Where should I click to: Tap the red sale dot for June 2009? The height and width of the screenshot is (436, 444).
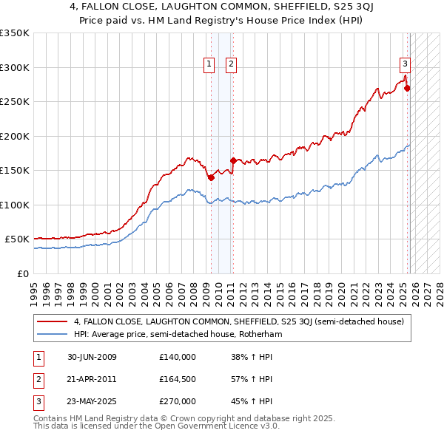point(211,177)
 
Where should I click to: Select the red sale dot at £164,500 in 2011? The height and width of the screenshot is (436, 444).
point(233,160)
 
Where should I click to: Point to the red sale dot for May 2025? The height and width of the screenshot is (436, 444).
point(407,88)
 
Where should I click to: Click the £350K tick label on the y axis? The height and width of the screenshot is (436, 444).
point(15,33)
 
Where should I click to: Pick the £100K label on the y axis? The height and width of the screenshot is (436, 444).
point(15,205)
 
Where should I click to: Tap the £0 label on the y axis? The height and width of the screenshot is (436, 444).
point(22,273)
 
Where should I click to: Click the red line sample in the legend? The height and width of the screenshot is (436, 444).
point(52,321)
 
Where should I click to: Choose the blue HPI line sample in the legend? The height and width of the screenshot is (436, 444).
point(52,333)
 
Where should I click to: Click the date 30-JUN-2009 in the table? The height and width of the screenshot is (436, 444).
point(92,357)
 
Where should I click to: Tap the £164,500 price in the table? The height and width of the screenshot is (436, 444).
point(178,379)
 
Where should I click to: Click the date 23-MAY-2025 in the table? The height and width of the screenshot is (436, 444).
point(92,401)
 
